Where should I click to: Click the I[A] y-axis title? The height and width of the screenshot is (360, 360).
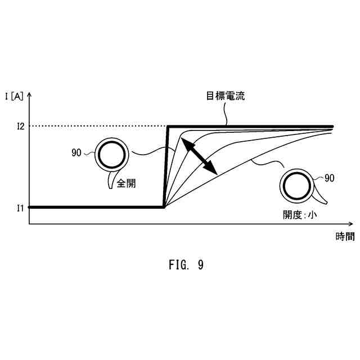point(14,96)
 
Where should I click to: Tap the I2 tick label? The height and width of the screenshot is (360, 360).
point(20,127)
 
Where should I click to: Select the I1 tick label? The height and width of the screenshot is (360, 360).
point(20,208)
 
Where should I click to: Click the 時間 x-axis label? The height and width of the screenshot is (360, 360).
point(345,236)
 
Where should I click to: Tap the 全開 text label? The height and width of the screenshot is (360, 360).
point(126,183)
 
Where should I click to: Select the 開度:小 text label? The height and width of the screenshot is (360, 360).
point(300,214)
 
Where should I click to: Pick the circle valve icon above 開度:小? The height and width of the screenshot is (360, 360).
point(295,186)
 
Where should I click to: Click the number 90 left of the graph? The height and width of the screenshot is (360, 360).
point(77,152)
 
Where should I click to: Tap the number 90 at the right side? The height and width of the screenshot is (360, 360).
point(329,178)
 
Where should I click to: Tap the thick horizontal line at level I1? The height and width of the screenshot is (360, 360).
point(96,207)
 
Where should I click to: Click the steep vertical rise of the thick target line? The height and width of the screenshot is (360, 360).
point(166,167)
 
